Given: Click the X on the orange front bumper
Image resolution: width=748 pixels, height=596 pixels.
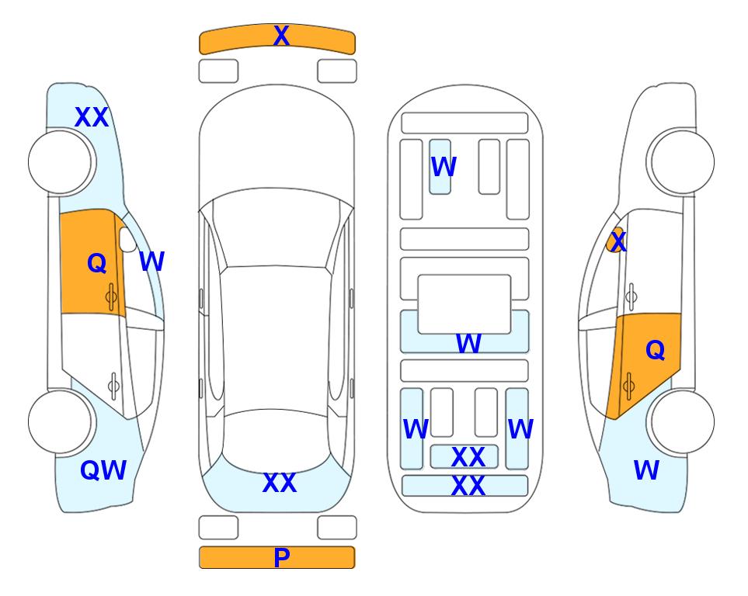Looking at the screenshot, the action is (281, 36).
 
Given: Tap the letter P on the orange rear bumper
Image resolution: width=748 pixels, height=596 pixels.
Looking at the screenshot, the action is (282, 557).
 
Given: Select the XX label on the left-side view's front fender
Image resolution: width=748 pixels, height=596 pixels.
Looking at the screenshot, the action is (92, 117).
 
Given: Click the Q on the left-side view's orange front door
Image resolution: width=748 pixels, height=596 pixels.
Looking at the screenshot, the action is (97, 263).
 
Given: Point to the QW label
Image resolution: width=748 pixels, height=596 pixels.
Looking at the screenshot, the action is (103, 470).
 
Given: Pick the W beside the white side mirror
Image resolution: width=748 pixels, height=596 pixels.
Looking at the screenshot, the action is (151, 262).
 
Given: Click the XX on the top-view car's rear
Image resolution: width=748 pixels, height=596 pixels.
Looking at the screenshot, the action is (280, 483).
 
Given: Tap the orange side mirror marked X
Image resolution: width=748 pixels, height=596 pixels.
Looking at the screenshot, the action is (616, 240).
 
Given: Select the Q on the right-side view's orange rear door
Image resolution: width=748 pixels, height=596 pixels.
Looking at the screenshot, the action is (655, 351).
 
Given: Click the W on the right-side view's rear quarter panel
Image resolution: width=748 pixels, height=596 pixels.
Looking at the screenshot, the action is (646, 470).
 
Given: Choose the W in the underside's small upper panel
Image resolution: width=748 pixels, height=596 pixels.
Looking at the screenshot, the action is (444, 167).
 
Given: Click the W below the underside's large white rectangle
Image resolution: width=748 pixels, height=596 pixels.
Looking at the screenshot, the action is (468, 343).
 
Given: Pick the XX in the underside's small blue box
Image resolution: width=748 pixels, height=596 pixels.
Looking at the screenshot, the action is (468, 457).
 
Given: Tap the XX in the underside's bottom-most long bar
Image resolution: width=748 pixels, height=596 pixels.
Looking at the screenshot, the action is (468, 486).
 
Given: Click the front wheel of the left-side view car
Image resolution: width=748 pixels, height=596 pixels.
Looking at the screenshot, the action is (60, 162).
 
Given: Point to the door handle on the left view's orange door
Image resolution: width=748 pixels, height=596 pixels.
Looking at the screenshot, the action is (111, 297).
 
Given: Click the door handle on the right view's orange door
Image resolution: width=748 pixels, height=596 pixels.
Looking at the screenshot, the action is (628, 386).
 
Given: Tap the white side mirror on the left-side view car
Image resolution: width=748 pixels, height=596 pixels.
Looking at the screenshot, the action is (128, 239).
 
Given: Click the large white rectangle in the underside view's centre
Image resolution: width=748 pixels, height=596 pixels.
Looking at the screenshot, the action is (464, 304).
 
